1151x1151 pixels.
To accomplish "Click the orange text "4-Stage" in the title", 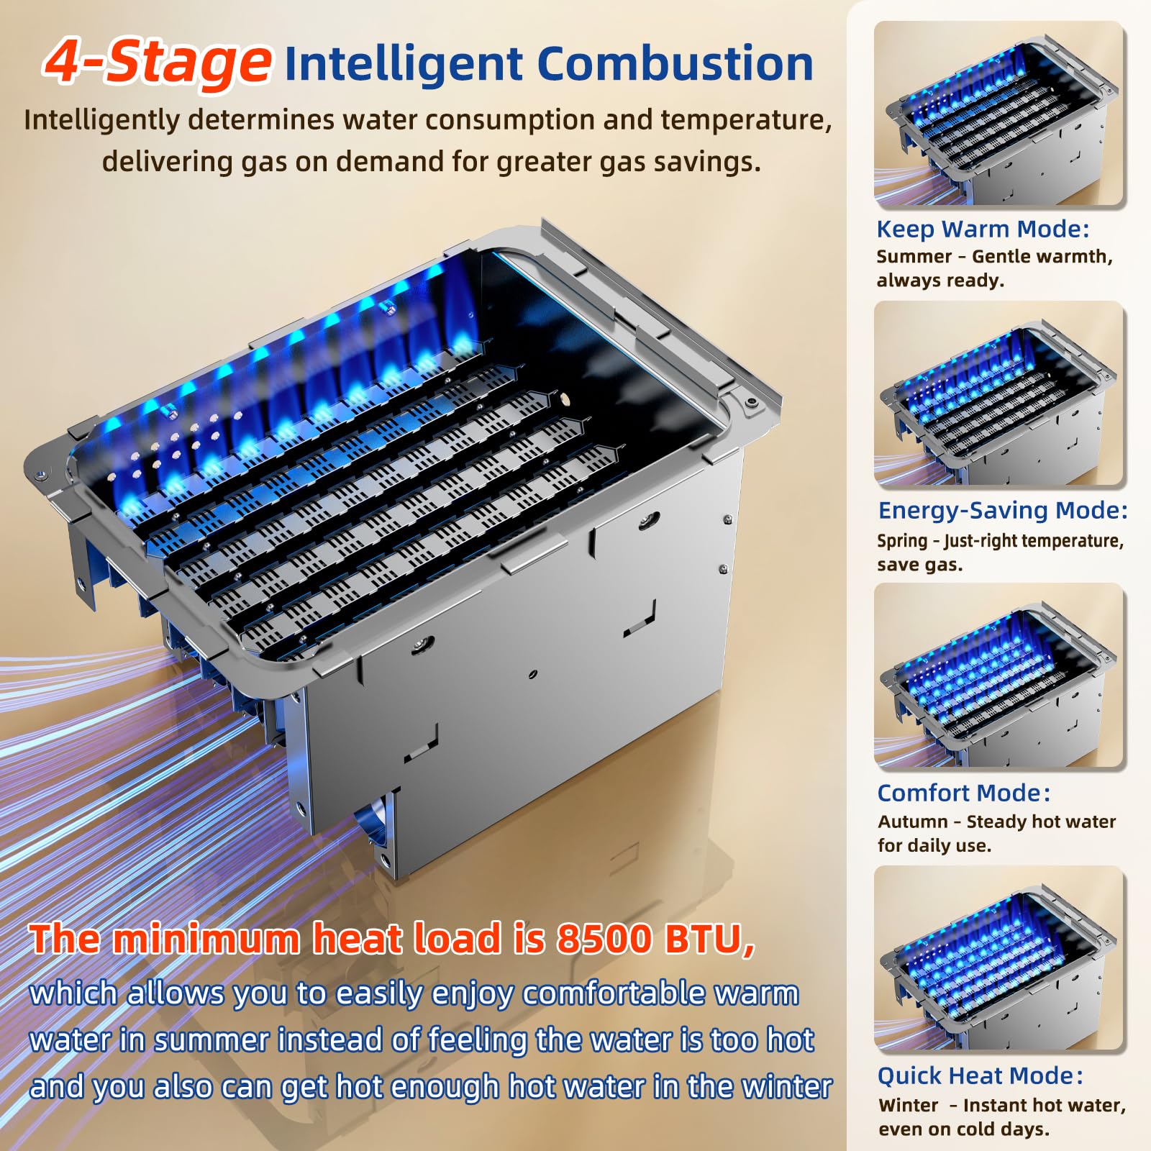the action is (x=158, y=62).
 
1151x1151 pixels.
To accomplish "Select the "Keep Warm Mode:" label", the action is (x=983, y=229).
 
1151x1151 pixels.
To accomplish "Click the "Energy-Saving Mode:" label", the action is (x=1003, y=510).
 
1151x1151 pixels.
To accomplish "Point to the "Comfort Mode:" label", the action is (x=964, y=793).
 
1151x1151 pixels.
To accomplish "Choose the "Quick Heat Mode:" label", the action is (x=980, y=1075).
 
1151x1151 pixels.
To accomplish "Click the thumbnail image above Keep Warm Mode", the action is (x=999, y=114).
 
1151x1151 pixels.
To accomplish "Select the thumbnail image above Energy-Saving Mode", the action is (x=999, y=393).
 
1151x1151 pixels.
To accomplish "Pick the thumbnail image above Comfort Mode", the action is (x=999, y=675).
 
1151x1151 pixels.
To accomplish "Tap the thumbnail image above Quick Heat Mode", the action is (x=999, y=958).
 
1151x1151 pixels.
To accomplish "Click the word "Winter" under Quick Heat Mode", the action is (x=909, y=1105).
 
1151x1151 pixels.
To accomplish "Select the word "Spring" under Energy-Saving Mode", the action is (x=902, y=541).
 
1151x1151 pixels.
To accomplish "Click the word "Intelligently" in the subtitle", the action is (x=101, y=120).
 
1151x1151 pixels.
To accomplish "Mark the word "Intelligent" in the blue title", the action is (x=404, y=65).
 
